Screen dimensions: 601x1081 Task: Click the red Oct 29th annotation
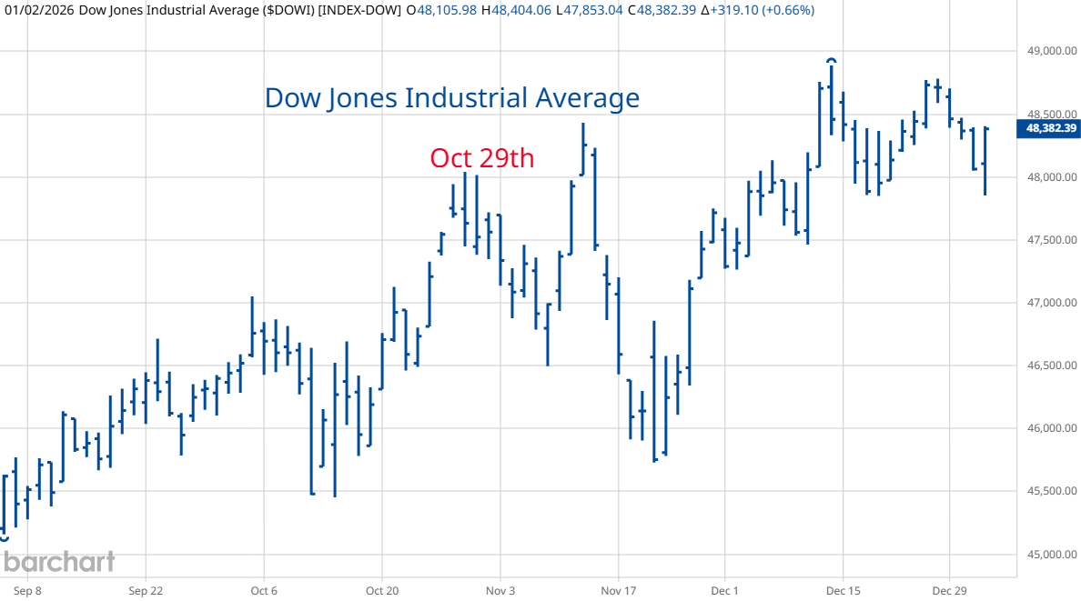tap(481, 158)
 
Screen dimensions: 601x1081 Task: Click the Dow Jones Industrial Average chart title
tap(451, 97)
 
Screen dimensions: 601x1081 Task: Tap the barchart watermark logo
tap(58, 562)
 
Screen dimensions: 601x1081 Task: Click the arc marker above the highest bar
tap(832, 61)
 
